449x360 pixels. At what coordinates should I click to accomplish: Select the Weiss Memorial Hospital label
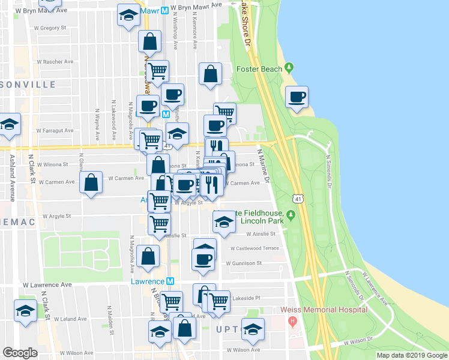[324, 310]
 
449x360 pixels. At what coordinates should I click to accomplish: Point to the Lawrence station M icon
[170, 281]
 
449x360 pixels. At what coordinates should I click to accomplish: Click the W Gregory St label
[49, 28]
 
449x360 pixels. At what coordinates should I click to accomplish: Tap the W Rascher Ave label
[55, 61]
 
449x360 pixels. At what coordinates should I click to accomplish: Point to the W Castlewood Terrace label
[255, 248]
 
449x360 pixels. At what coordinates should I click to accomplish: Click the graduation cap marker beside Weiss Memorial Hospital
[253, 328]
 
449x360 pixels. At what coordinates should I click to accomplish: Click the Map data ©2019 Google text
[411, 355]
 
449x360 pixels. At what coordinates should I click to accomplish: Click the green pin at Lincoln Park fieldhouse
[291, 215]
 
